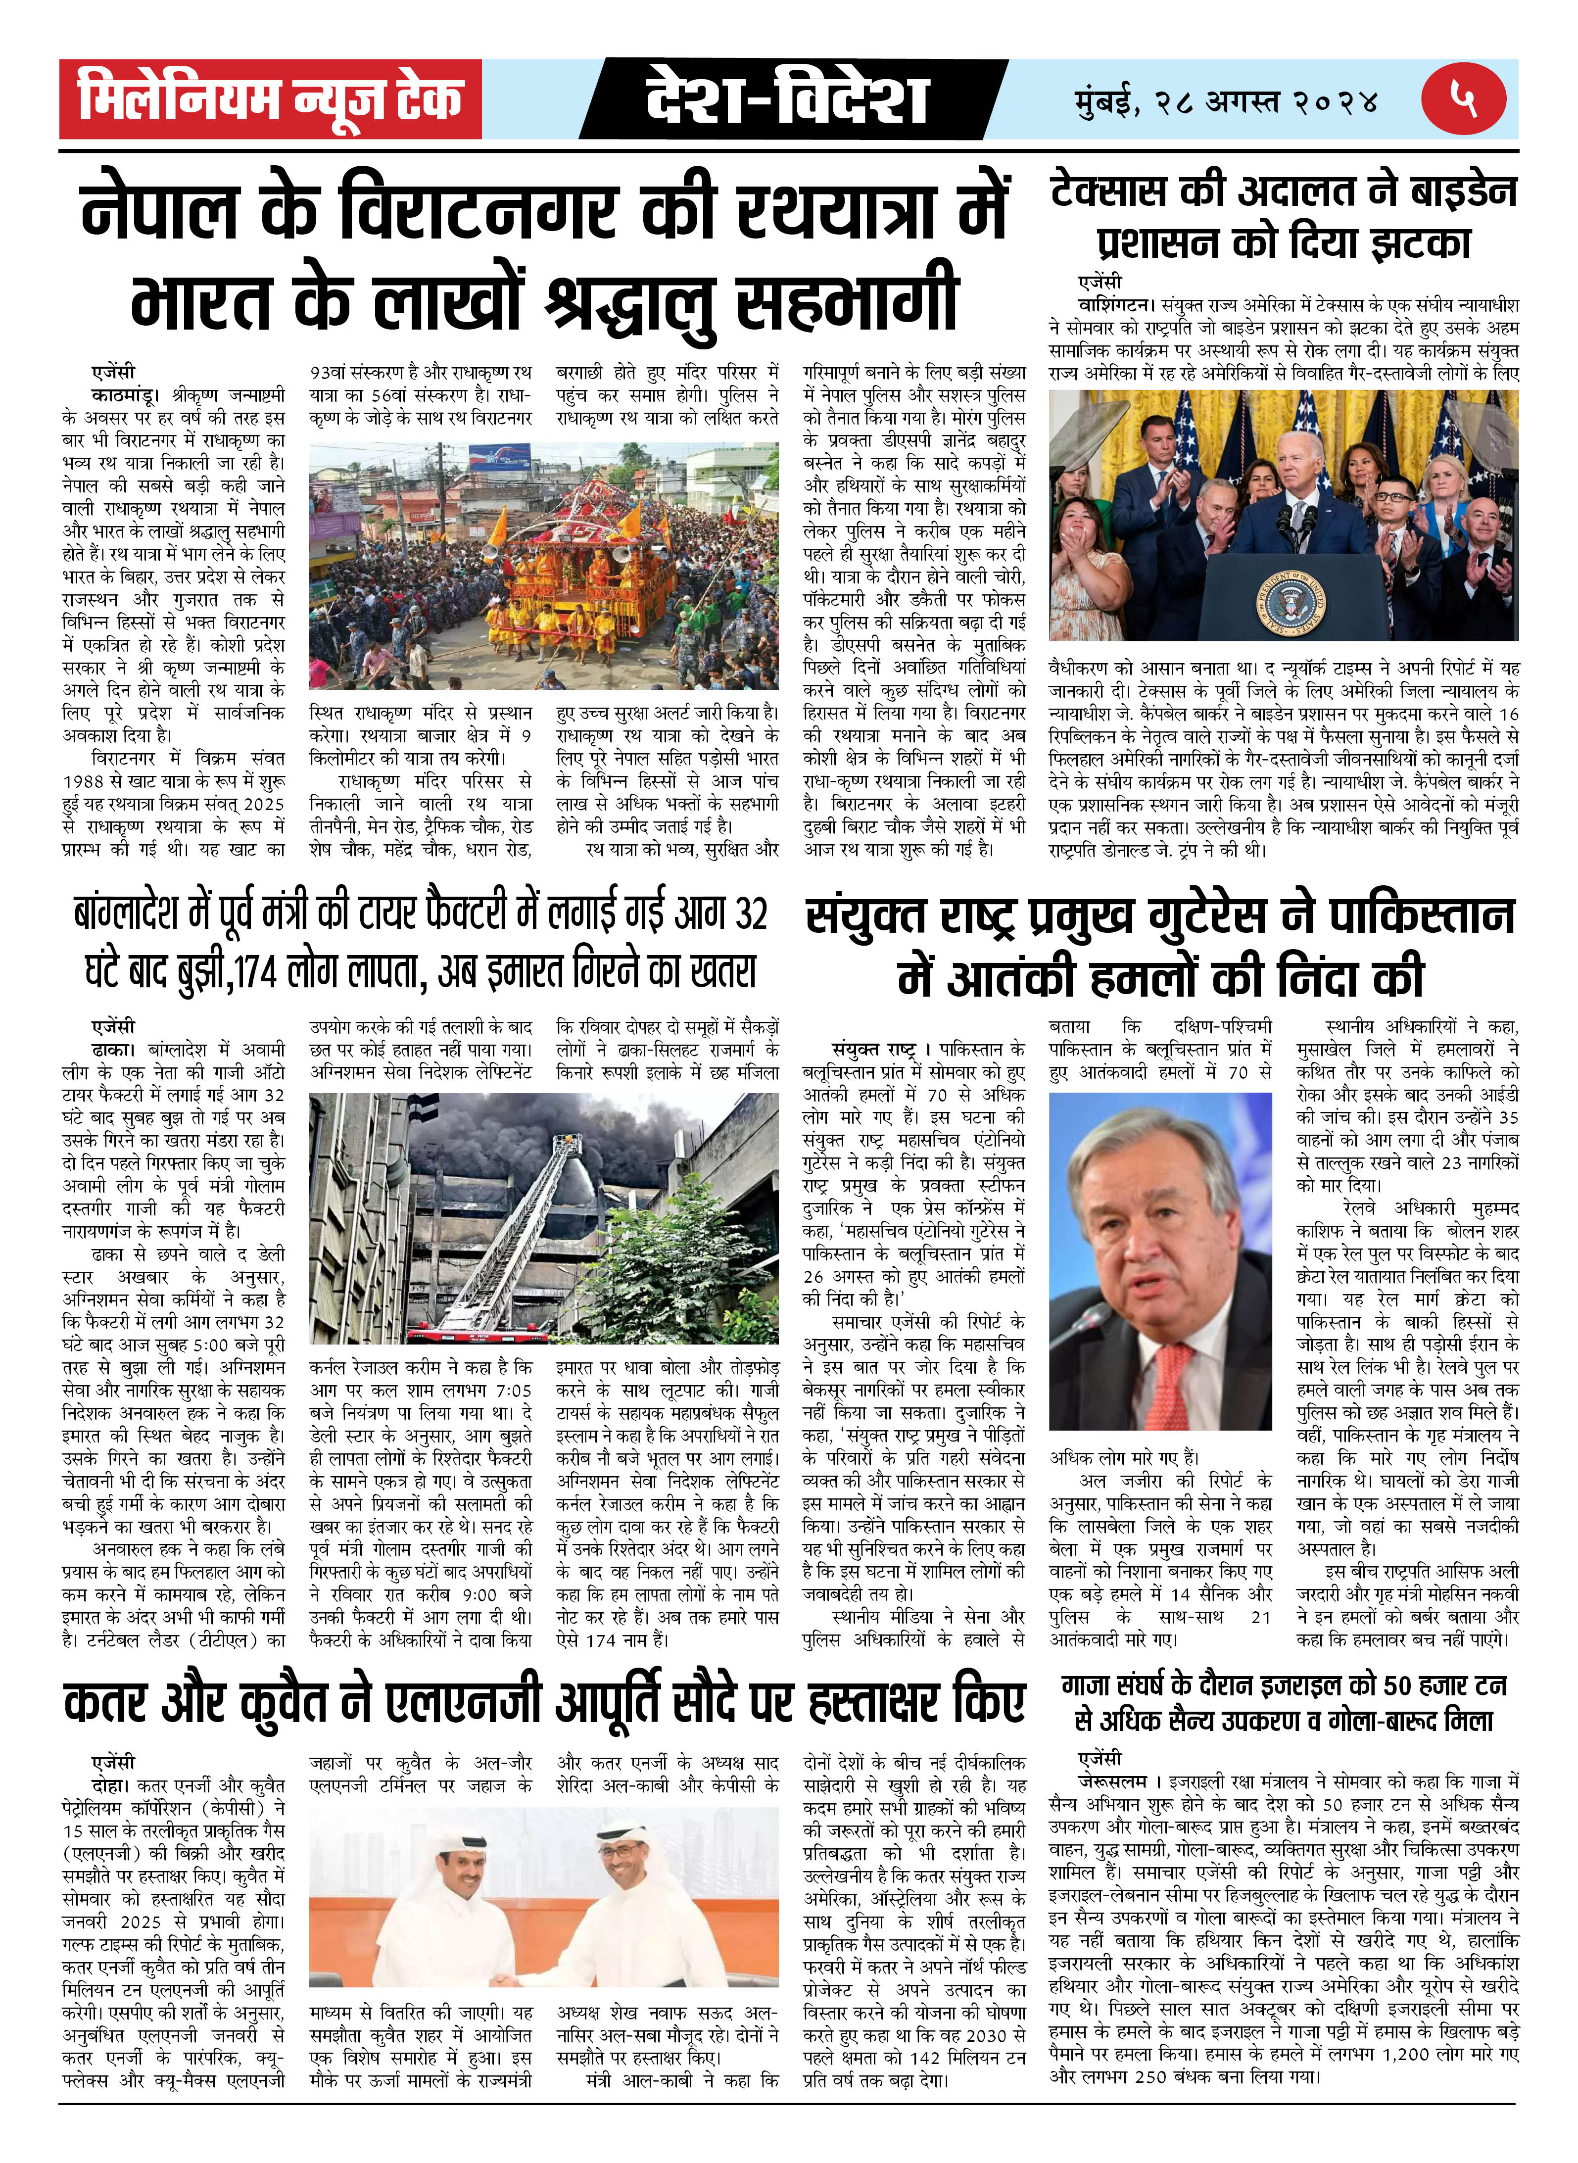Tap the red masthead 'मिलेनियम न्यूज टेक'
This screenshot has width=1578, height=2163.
(x=270, y=99)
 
